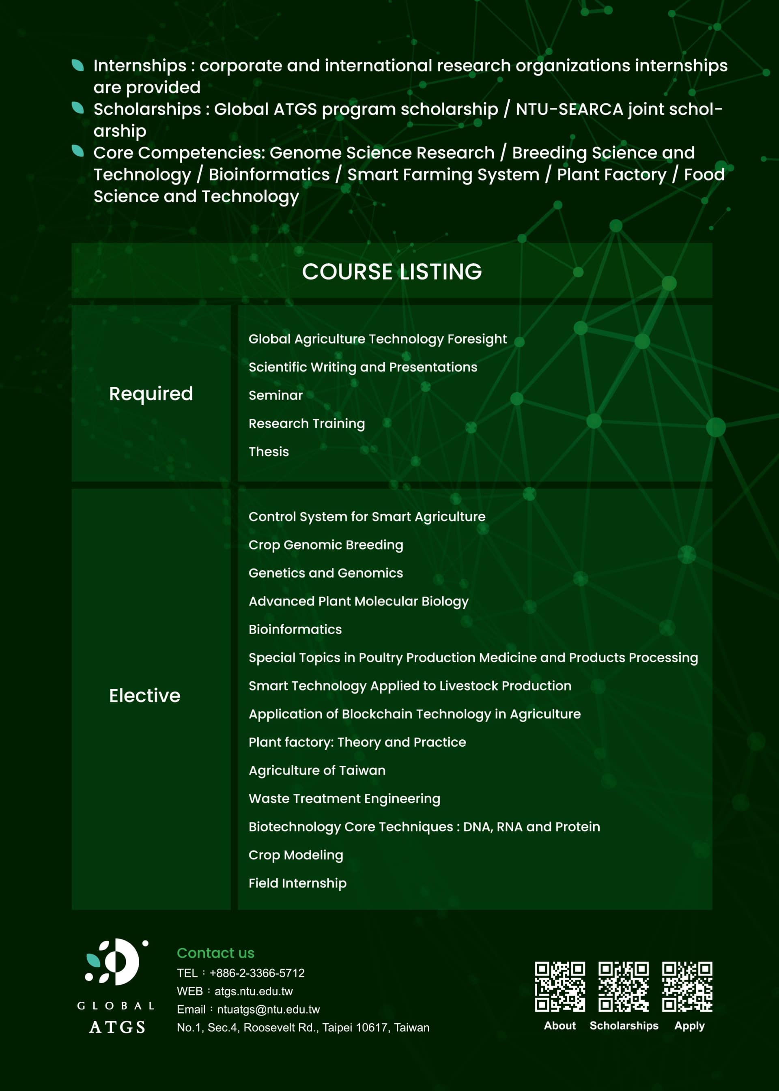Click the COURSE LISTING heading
(x=392, y=271)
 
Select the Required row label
(x=151, y=394)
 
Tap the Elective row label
(x=144, y=696)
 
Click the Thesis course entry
(x=269, y=452)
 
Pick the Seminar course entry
(x=275, y=395)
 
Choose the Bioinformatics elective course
(x=295, y=629)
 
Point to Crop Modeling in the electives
(x=295, y=855)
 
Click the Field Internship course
(x=297, y=883)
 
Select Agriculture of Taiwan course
(x=316, y=770)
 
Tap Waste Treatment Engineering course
(x=344, y=799)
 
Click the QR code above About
(x=560, y=986)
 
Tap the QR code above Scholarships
(x=623, y=986)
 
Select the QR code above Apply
(x=687, y=986)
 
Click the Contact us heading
(x=215, y=953)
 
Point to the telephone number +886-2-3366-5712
(x=257, y=973)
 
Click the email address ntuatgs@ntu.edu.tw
(x=268, y=1009)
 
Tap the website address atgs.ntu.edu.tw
(x=253, y=991)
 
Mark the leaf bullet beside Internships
(x=78, y=65)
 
